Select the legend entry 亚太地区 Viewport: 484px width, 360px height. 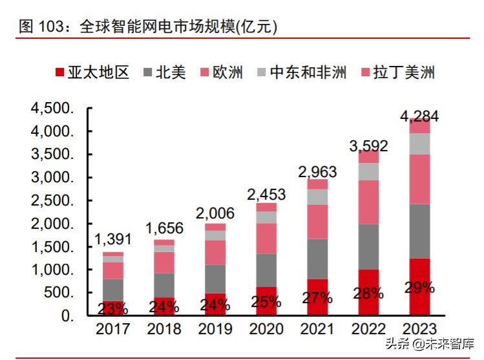coord(92,72)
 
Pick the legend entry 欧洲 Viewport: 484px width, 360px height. coord(223,72)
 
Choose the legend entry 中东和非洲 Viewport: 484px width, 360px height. coord(301,72)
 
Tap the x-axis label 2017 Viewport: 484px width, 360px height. coord(113,329)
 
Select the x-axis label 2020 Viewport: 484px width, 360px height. coord(266,329)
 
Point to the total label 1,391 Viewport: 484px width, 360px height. coord(113,239)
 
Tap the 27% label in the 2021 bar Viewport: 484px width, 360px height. coord(317,298)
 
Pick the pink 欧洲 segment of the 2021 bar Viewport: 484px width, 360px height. coord(317,222)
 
